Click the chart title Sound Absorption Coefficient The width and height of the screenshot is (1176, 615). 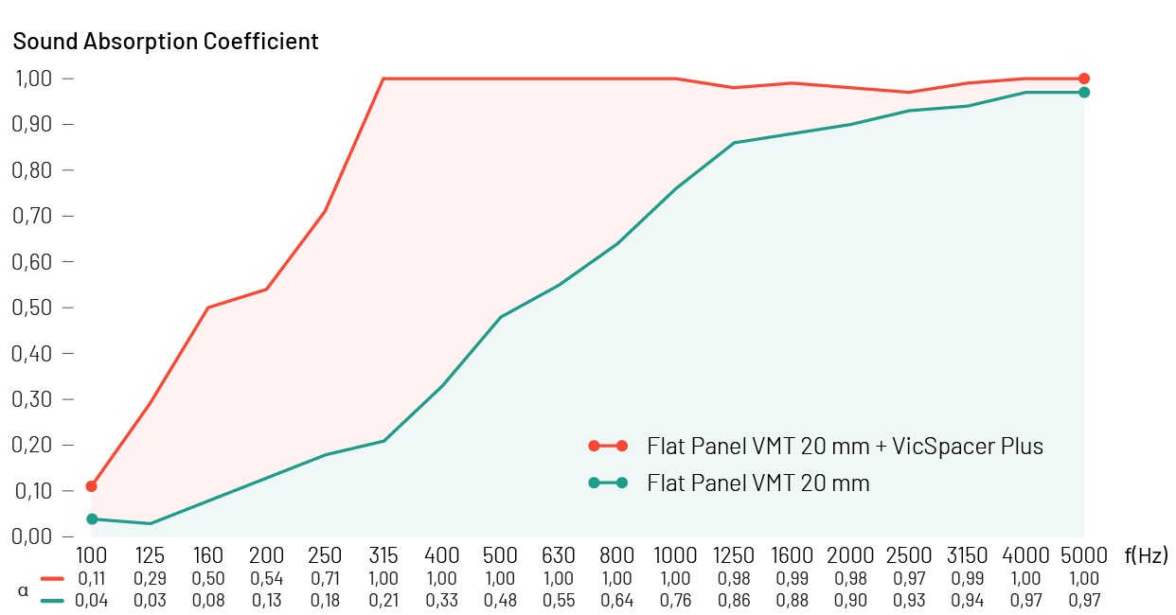(166, 42)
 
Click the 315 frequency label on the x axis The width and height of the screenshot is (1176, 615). (383, 555)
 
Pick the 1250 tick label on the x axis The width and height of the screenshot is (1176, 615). (735, 555)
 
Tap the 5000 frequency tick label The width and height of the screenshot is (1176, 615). (1084, 555)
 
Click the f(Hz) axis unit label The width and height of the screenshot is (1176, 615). (1146, 555)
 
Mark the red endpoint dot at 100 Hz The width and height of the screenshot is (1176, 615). (92, 486)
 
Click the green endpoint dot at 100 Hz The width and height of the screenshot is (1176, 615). (92, 518)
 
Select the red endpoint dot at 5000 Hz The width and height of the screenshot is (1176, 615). (1084, 79)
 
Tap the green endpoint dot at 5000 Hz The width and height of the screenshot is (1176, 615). (1084, 93)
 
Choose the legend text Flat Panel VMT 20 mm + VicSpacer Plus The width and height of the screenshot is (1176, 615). (845, 446)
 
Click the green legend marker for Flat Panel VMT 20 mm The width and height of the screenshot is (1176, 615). (608, 483)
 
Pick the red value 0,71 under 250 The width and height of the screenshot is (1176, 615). (325, 578)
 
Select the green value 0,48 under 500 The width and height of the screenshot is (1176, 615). (500, 600)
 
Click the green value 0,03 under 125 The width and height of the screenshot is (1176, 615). (150, 600)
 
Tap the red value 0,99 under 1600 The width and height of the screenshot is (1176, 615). (793, 578)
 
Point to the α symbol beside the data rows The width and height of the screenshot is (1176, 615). (23, 589)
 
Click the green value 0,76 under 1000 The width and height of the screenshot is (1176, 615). (676, 600)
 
